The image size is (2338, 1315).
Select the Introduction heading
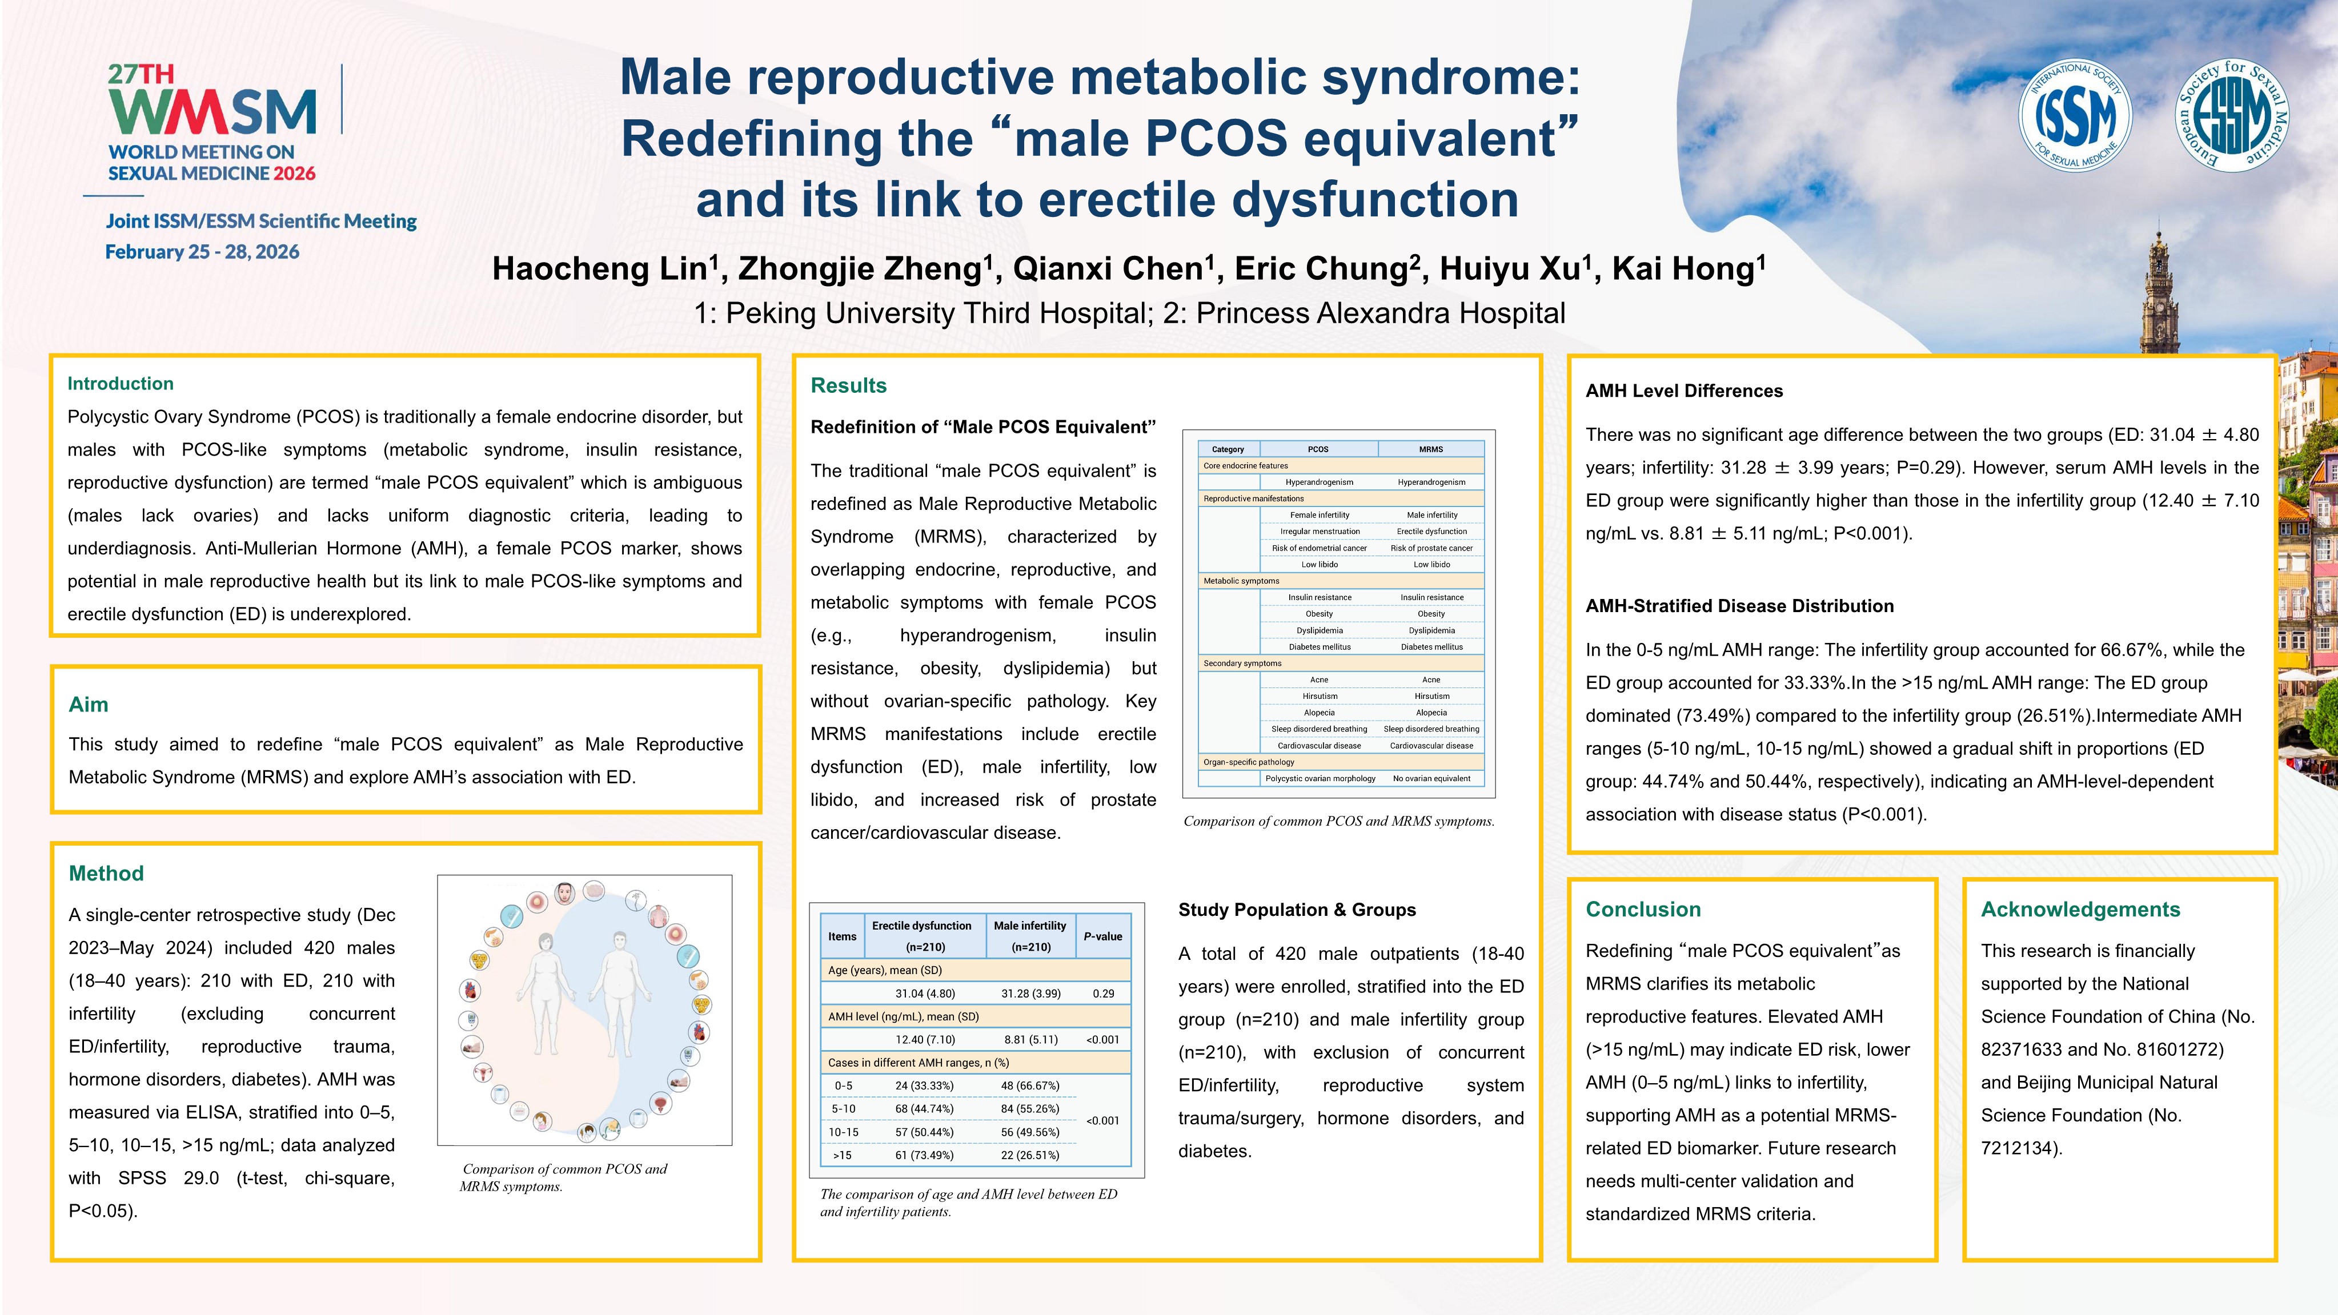pyautogui.click(x=121, y=384)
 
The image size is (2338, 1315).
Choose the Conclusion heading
pyautogui.click(x=1643, y=910)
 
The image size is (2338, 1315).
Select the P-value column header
pyautogui.click(x=1103, y=936)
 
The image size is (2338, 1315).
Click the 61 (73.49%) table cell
pyautogui.click(x=924, y=1155)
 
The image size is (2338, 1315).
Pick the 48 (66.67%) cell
pyautogui.click(x=1030, y=1085)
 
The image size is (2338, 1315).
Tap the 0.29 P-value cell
pyautogui.click(x=1103, y=994)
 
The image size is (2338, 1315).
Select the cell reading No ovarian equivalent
pyautogui.click(x=1431, y=779)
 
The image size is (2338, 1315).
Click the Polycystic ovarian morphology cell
pyautogui.click(x=1320, y=779)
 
